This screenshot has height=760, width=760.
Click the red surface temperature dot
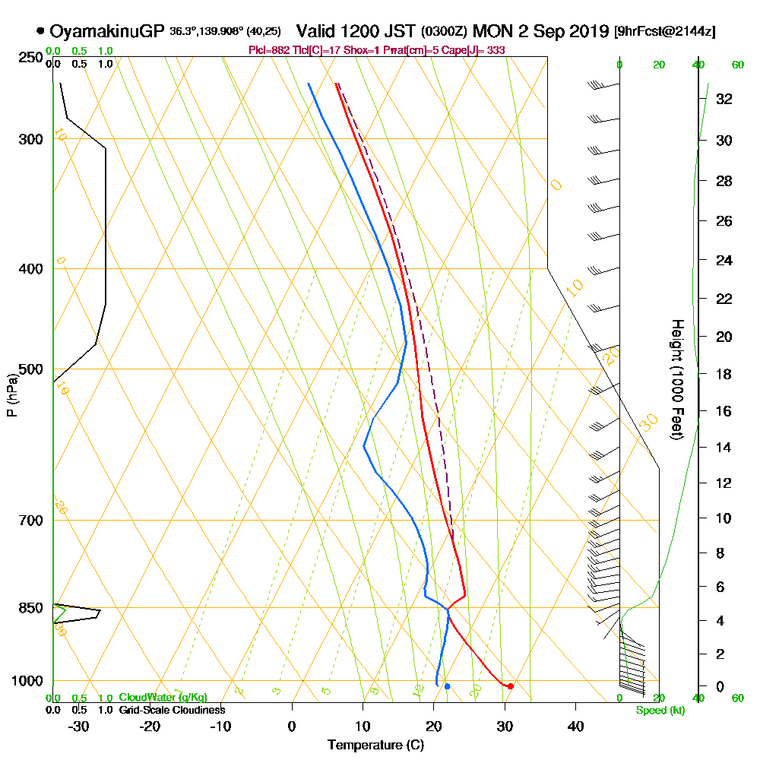click(511, 686)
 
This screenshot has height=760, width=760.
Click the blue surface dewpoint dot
click(447, 686)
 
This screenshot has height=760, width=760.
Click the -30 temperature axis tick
click(79, 726)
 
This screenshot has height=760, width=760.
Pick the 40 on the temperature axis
click(575, 726)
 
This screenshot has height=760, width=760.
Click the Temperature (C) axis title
click(375, 746)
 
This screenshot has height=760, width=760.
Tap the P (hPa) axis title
click(11, 395)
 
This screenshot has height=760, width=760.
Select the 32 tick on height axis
click(724, 99)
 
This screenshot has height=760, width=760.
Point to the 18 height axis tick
click(724, 374)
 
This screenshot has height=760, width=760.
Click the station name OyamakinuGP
click(106, 31)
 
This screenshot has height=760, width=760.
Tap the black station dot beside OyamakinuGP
click(40, 31)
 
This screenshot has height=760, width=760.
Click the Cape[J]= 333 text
click(480, 50)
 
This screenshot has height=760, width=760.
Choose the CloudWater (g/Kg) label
click(163, 698)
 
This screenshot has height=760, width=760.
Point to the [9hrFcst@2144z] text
click(664, 32)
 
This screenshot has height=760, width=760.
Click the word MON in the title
click(491, 31)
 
